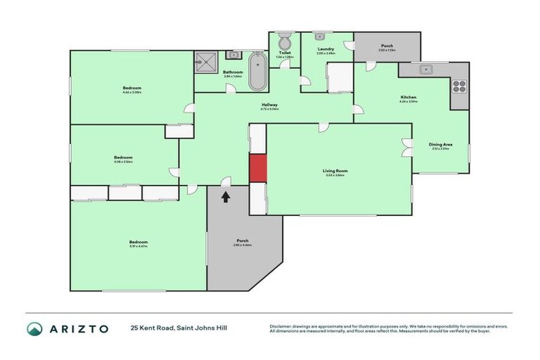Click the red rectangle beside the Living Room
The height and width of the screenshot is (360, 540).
258,167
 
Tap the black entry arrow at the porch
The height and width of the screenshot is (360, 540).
226,198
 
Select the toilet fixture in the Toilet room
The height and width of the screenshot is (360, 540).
285,40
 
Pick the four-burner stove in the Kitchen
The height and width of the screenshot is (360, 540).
459,86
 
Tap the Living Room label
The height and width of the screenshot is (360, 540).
335,171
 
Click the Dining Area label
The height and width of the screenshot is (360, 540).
440,145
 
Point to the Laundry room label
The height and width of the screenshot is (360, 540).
326,49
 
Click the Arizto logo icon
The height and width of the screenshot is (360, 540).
34,328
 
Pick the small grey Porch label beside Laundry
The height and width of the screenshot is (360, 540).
387,46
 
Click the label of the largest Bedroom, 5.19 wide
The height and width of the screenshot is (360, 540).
139,242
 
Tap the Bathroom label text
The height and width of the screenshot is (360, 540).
233,72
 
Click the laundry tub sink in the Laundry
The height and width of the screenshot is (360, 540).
319,35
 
